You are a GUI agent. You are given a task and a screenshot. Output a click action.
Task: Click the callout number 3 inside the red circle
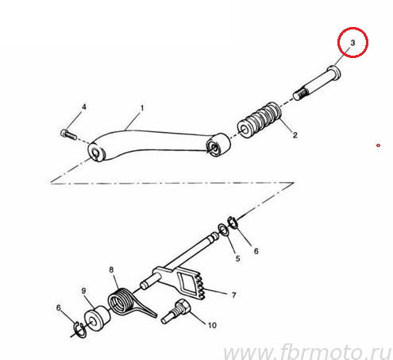click(x=353, y=42)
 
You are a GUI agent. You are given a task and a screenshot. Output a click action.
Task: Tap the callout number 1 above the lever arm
click(x=142, y=108)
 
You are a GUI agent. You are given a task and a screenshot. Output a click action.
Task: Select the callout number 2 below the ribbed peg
click(x=295, y=135)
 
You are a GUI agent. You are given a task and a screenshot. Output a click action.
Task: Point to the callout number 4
click(x=84, y=107)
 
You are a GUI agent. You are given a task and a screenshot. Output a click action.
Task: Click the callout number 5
click(x=237, y=258)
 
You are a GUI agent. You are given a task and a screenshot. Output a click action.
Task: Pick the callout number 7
click(x=233, y=295)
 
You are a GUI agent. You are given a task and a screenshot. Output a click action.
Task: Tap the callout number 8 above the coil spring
click(x=111, y=269)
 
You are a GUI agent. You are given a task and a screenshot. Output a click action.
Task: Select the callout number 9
click(x=83, y=291)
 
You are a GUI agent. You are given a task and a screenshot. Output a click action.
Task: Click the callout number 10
click(x=212, y=325)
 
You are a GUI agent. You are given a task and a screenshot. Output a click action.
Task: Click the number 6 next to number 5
click(x=256, y=251)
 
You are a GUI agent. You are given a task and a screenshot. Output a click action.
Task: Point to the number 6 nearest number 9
click(x=59, y=308)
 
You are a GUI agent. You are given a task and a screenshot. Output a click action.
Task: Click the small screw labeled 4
click(x=68, y=134)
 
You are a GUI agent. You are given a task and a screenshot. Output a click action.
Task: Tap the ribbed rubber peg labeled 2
click(x=259, y=120)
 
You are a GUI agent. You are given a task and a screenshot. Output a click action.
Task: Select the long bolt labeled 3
click(x=317, y=83)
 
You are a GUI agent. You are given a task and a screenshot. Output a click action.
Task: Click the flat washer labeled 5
click(x=222, y=230)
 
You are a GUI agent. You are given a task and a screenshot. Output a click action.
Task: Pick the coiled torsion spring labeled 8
click(x=127, y=303)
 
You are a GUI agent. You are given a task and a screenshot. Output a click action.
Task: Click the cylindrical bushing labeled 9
click(x=97, y=319)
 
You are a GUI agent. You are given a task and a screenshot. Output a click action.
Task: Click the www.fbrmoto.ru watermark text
click(x=307, y=352)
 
